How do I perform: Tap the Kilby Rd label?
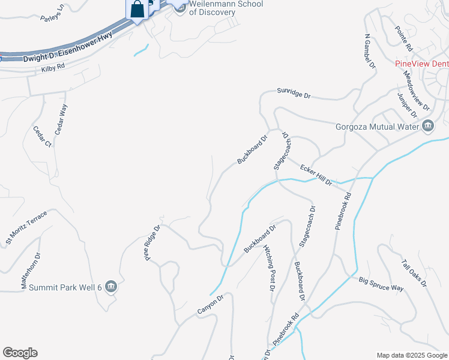tap(53, 69)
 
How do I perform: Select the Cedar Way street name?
tap(61, 119)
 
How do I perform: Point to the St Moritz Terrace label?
tap(26, 229)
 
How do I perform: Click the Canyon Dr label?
tap(210, 304)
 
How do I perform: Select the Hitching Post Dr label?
tap(268, 269)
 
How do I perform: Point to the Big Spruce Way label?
tap(381, 284)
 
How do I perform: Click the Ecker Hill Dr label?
tap(316, 175)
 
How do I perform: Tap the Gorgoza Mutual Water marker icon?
tap(428, 125)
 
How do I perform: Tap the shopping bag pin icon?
tap(137, 10)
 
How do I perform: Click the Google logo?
tap(20, 353)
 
